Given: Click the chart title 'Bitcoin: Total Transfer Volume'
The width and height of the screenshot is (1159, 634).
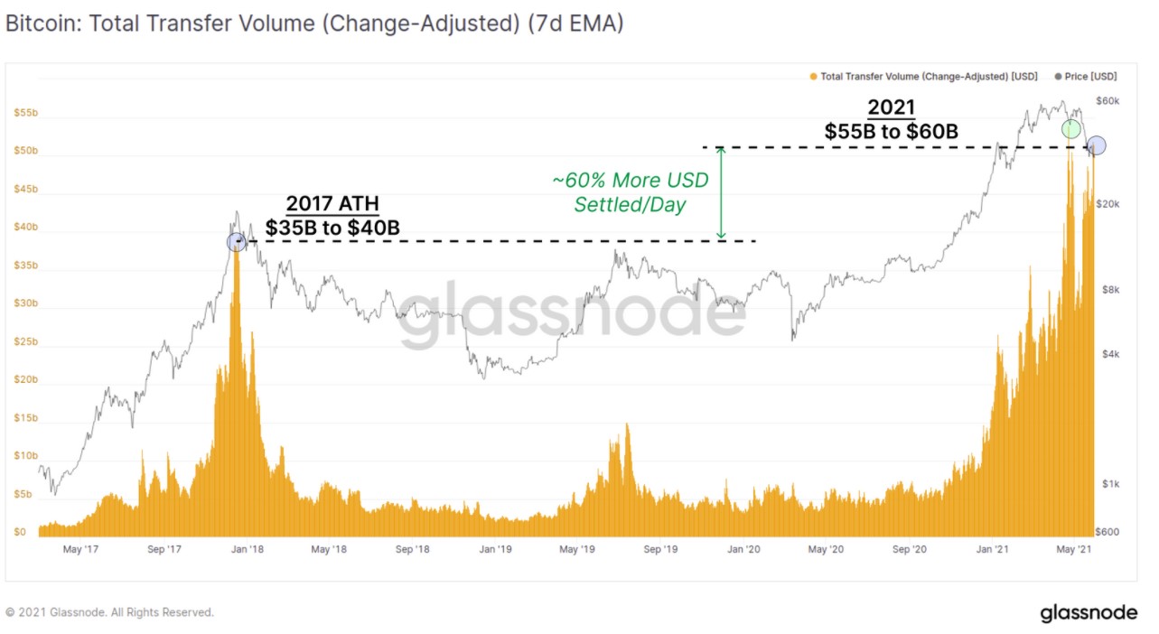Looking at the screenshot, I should (313, 24).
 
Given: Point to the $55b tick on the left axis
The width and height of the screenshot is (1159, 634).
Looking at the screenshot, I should (25, 113).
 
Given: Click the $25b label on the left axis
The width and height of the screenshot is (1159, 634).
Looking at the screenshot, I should (25, 342).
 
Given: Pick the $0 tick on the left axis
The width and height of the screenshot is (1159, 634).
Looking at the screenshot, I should (20, 532).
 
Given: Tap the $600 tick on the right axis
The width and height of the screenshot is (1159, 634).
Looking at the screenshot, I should (1107, 532).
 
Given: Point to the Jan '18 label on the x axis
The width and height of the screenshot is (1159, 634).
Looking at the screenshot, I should (245, 549).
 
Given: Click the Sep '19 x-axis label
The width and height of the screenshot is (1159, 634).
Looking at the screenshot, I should (660, 549).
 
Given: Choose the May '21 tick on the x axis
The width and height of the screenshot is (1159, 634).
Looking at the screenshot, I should (1072, 549).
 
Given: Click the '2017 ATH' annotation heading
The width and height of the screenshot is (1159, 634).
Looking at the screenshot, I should (332, 203).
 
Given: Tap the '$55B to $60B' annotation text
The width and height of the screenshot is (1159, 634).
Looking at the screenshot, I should (891, 132).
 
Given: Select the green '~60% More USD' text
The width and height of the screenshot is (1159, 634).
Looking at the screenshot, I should (631, 181).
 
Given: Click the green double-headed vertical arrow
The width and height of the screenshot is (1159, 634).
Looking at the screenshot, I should (721, 193).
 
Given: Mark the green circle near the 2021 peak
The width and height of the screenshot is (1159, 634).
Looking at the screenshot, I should (1071, 129).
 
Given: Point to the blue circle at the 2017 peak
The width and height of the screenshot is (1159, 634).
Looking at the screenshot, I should (236, 241).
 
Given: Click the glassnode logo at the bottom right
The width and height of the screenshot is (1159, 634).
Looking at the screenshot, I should (1089, 613).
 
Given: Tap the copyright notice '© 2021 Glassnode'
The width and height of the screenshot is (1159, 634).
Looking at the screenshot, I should (110, 612).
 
